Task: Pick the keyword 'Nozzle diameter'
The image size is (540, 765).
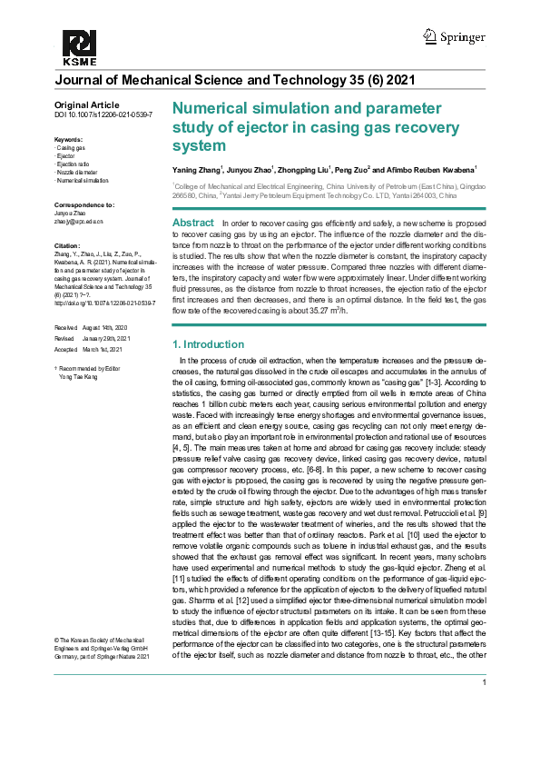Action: tap(78, 172)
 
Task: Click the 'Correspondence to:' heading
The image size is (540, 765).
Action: tap(84, 205)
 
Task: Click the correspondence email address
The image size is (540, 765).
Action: tap(80, 221)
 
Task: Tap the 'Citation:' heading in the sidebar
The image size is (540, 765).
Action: tap(68, 246)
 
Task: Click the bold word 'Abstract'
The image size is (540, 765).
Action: tap(192, 224)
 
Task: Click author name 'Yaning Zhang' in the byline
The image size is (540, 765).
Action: tap(197, 170)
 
